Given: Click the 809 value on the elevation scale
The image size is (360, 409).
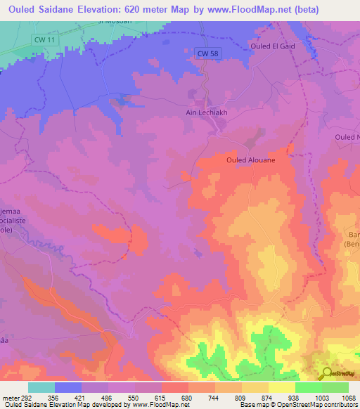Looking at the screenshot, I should click(x=242, y=397).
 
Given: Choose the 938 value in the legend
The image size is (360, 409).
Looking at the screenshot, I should click(x=295, y=397).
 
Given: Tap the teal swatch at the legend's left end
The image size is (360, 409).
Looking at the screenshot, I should click(x=41, y=387).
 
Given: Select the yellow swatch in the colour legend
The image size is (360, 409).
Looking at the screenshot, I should click(x=281, y=387).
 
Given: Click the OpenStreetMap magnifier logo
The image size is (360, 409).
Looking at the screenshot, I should click(x=327, y=374).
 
